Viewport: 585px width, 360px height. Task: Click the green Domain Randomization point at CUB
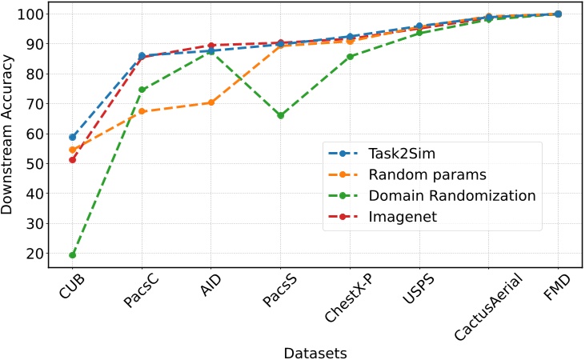pyautogui.click(x=73, y=255)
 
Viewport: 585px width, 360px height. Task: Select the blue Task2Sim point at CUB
pyautogui.click(x=73, y=137)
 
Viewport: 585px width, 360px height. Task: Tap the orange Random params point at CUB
pyautogui.click(x=73, y=150)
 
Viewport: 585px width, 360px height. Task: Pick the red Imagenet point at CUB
pyautogui.click(x=73, y=160)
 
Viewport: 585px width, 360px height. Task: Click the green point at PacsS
pyautogui.click(x=281, y=115)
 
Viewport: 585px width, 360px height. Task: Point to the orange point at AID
pyautogui.click(x=211, y=102)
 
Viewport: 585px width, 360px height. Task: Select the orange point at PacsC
pyautogui.click(x=142, y=111)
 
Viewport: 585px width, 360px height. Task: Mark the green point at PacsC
pyautogui.click(x=142, y=90)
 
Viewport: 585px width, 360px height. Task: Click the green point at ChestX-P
pyautogui.click(x=350, y=57)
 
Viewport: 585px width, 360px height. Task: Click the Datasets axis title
pyautogui.click(x=315, y=350)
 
